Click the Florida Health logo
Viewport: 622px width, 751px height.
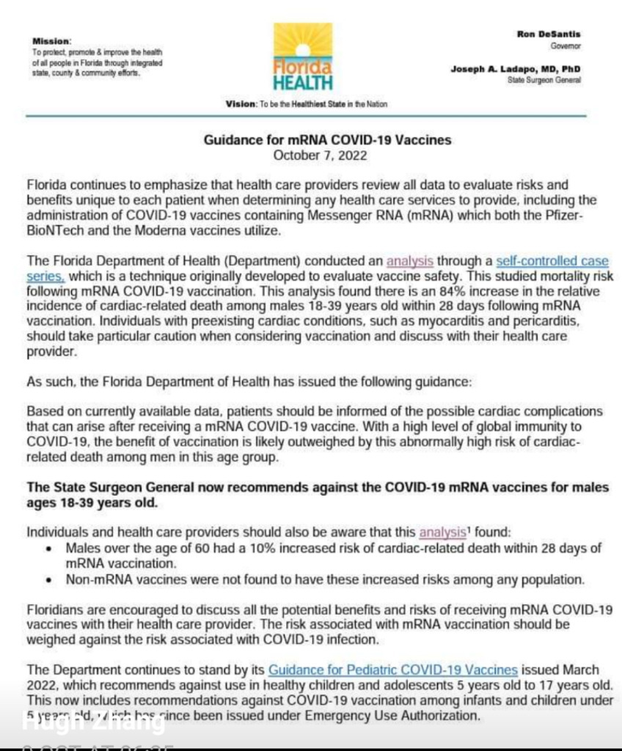[x=303, y=57]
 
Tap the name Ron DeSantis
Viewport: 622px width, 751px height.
[x=549, y=34]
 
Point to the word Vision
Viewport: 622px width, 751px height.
[x=241, y=104]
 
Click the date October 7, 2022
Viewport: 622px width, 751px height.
[x=320, y=155]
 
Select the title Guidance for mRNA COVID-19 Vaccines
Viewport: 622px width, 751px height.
[x=321, y=140]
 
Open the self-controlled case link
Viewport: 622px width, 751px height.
[x=552, y=260]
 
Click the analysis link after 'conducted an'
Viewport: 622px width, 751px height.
[x=410, y=260]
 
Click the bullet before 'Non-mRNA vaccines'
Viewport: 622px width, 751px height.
[x=48, y=580]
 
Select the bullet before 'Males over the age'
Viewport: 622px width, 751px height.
[x=48, y=547]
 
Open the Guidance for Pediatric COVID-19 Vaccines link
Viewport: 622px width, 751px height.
[x=393, y=670]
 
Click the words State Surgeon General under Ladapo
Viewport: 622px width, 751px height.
[x=544, y=79]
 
